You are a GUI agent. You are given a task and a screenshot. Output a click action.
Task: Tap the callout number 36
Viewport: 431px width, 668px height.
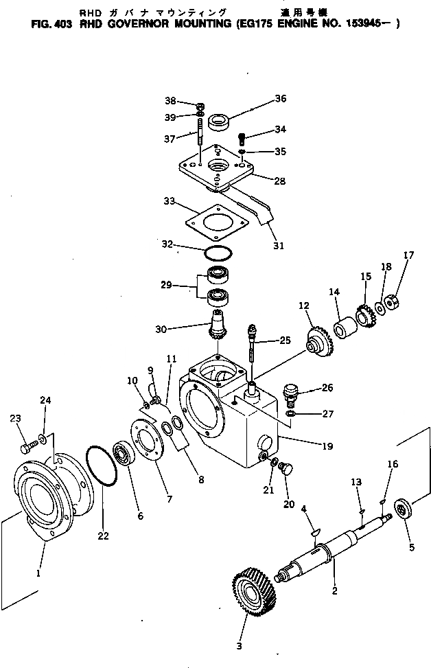[x=280, y=98]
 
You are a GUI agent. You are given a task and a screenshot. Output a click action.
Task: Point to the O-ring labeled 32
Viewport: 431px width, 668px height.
[x=218, y=252]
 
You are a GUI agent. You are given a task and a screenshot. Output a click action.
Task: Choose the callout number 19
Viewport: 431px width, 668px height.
[x=327, y=446]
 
